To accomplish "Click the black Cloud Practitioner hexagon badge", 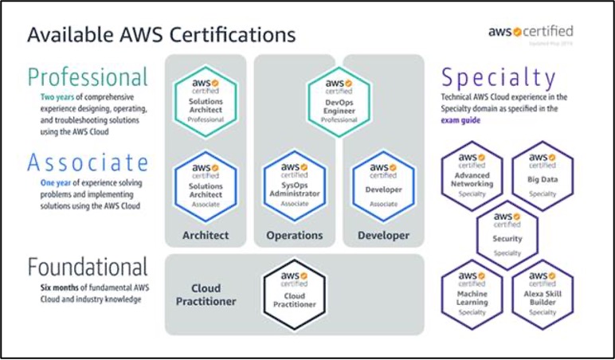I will pos(295,294).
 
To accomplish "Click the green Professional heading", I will pos(87,77).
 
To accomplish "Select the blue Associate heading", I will pos(87,162).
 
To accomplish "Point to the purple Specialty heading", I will pos(498,78).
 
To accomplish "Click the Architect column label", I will pos(206,235).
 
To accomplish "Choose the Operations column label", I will pos(295,235).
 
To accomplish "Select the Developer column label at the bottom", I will pos(383,235).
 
